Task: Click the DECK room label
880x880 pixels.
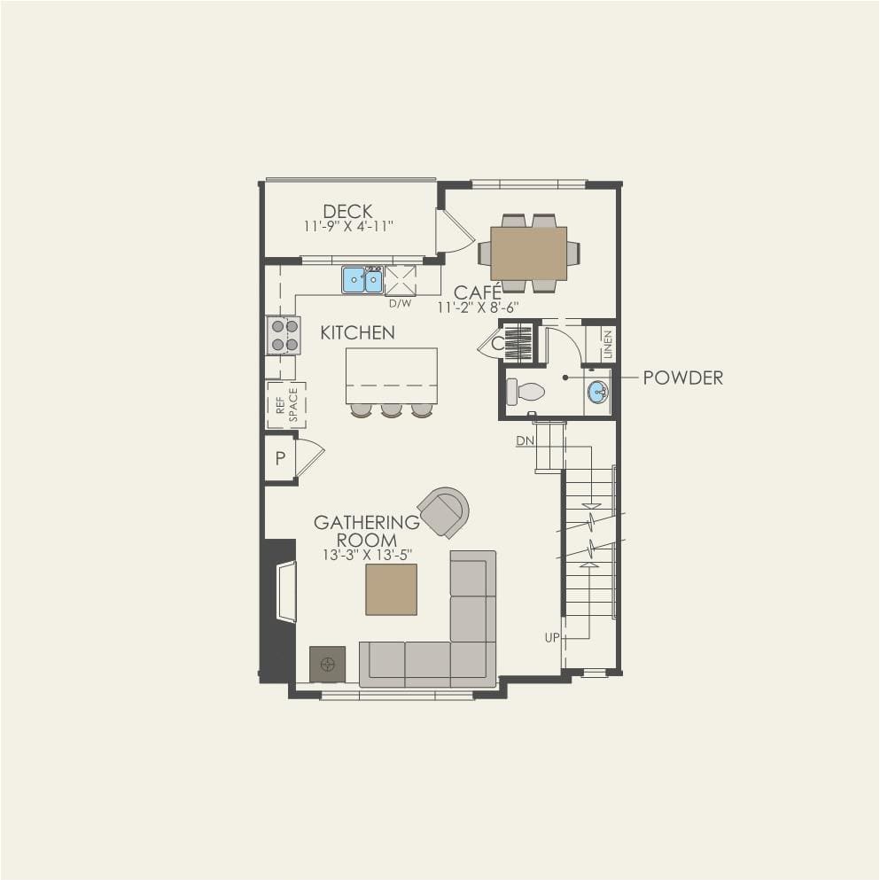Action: tap(347, 211)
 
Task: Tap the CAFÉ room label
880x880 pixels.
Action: tap(478, 292)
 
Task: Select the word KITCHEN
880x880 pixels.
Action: tap(357, 333)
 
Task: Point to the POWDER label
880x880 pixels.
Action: tap(683, 378)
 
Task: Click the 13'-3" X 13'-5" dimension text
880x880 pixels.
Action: tap(368, 555)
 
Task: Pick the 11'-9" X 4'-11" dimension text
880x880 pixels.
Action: tap(348, 226)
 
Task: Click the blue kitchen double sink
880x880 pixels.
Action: tap(362, 280)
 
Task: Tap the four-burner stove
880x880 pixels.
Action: tap(284, 336)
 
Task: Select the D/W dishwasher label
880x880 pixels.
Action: tap(401, 304)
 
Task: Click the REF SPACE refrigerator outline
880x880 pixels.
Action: tap(286, 405)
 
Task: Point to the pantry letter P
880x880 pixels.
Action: tap(281, 458)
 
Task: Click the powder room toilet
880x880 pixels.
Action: tap(526, 391)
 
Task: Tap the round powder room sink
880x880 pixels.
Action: tap(598, 391)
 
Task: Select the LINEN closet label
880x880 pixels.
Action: tap(608, 344)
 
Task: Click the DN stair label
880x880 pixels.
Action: tap(526, 441)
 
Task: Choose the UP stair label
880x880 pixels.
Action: tap(552, 637)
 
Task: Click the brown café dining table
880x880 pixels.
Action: tap(529, 253)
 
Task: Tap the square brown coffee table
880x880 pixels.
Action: tap(391, 590)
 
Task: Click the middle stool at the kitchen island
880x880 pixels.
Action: tap(391, 410)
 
